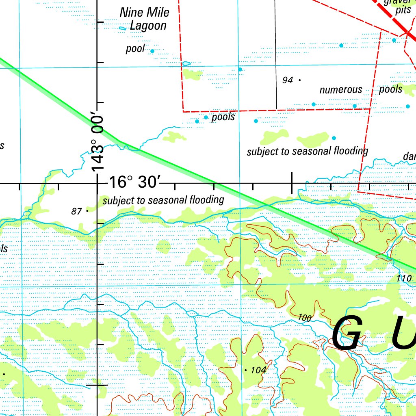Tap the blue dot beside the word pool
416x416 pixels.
coord(152,51)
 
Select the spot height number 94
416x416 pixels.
coord(287,80)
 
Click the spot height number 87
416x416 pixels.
coord(76,211)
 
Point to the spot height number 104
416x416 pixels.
coord(258,370)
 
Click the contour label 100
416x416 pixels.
coord(305,318)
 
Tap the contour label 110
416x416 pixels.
coord(404,279)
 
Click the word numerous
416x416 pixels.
coord(340,90)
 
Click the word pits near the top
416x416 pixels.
coord(403,11)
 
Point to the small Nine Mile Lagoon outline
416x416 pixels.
coord(123,28)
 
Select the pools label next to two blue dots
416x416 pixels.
coord(223,117)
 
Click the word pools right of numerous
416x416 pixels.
coord(390,89)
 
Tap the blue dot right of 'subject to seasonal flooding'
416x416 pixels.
coord(334,138)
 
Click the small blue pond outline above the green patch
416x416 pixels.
coord(186,63)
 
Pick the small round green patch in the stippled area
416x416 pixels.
coord(163,246)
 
